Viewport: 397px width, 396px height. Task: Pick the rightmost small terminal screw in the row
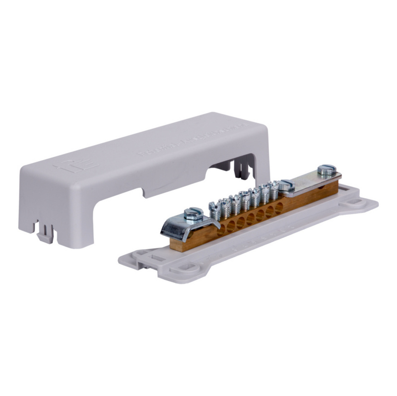(274, 189)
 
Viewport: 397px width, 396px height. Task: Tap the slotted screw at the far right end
(327, 170)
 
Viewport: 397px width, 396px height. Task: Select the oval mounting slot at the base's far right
(355, 202)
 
